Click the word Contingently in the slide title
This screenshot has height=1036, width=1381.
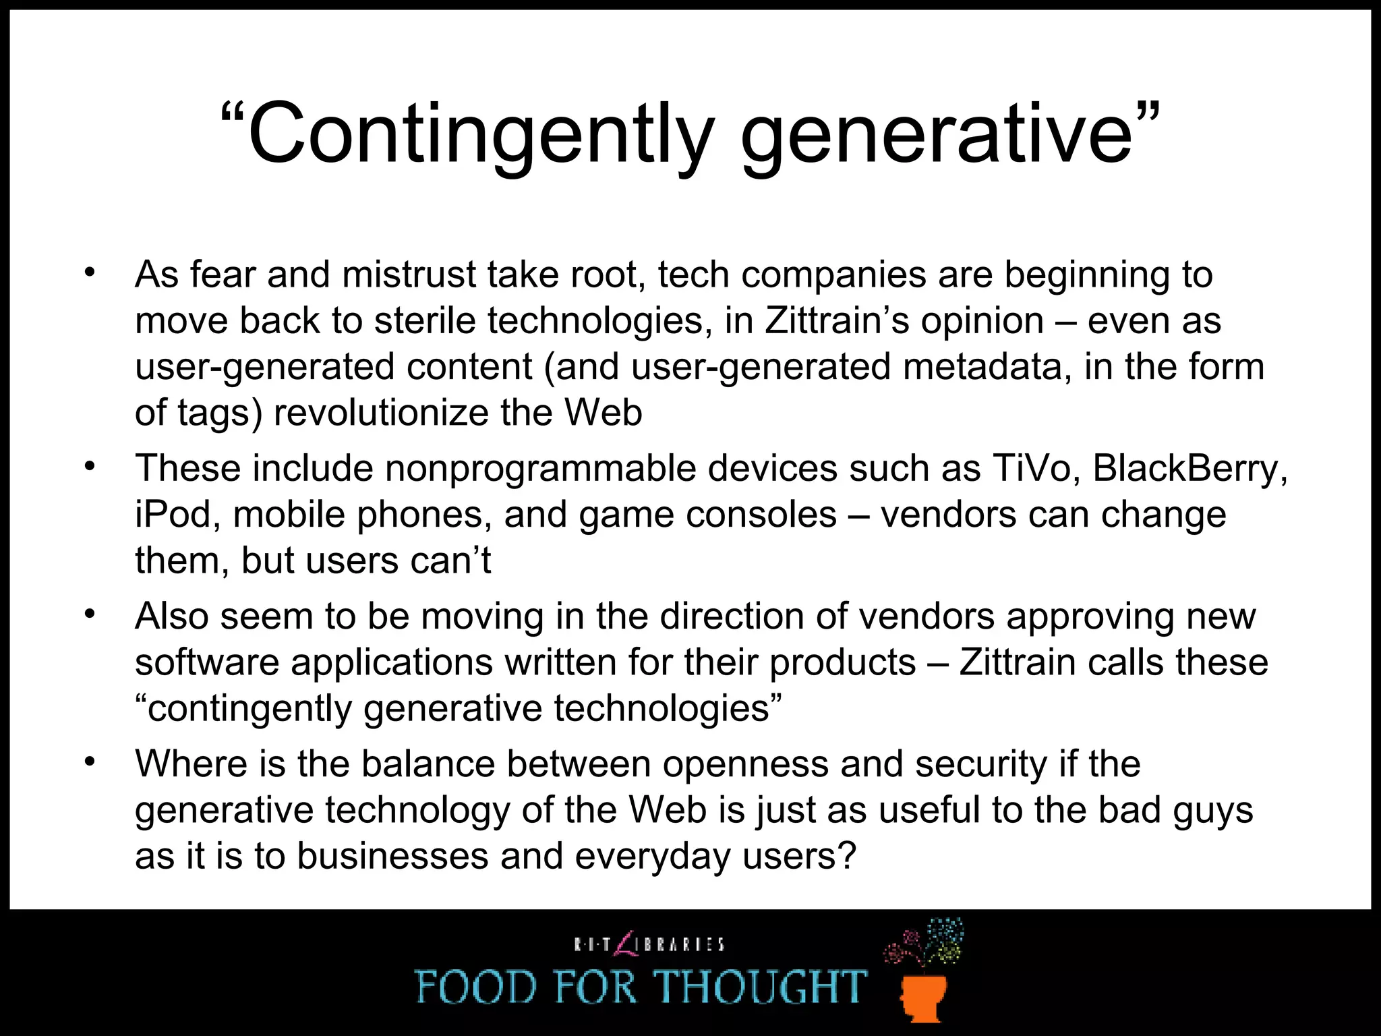[x=479, y=134]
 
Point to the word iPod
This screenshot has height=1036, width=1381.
[x=177, y=515]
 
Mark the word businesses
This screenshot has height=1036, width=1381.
[x=392, y=856]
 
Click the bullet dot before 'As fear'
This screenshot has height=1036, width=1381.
[x=89, y=273]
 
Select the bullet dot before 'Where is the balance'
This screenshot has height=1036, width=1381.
[x=89, y=762]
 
